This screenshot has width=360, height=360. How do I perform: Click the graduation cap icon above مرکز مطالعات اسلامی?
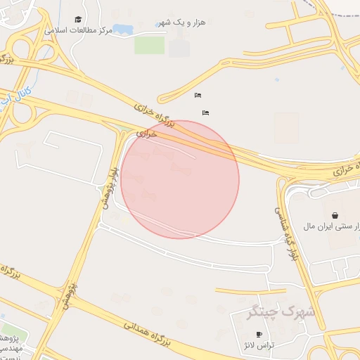click(78, 20)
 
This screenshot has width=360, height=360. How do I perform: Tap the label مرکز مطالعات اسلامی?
click(78, 31)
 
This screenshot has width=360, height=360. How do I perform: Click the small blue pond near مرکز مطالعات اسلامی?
click(123, 30)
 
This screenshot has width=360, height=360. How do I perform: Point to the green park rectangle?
click(149, 45)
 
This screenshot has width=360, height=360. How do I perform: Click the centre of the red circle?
click(180, 179)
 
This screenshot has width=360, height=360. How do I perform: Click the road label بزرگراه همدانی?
click(148, 334)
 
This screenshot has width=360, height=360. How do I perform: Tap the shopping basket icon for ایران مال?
click(334, 214)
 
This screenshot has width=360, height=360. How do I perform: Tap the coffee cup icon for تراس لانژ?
click(259, 334)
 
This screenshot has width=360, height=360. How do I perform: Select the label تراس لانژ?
click(259, 345)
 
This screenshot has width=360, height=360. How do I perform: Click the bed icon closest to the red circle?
click(205, 112)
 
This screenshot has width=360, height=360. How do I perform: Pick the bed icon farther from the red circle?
click(198, 95)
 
